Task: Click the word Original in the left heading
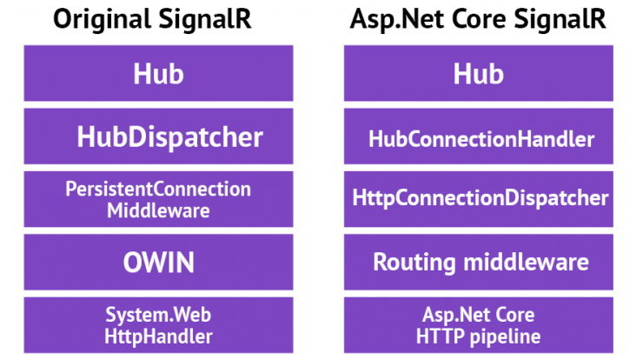pos(102,20)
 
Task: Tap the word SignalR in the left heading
pos(204,20)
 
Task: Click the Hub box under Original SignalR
pos(158,73)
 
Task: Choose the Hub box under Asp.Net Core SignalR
pos(479,73)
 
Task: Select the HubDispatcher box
pos(158,137)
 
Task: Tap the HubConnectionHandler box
pos(479,137)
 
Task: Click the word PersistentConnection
pos(158,190)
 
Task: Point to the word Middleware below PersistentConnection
pos(158,211)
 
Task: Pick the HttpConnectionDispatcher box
pos(479,199)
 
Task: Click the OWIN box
pos(158,262)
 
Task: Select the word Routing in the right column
pos(414,263)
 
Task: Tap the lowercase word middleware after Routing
pos(526,262)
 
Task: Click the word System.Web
pos(158,316)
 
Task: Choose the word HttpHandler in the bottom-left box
pos(158,337)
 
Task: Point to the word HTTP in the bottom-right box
pos(440,337)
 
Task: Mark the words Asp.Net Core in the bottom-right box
pos(479,316)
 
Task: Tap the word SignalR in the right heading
pos(560,20)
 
